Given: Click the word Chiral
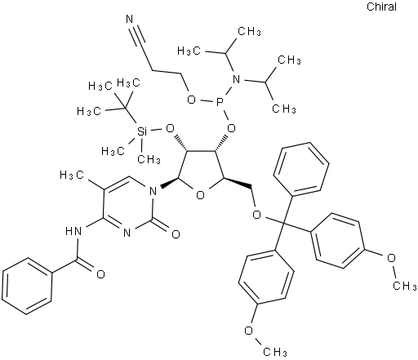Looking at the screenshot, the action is click(381, 7).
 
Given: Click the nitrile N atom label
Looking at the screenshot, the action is click(130, 20).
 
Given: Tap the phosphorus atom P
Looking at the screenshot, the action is click(220, 103).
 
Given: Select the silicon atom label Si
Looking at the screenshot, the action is click(142, 131).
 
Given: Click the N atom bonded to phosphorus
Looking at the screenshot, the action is click(236, 79).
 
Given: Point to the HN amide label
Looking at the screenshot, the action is click(73, 231).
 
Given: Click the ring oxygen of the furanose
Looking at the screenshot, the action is click(200, 195).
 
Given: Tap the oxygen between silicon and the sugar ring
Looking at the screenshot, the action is click(170, 128).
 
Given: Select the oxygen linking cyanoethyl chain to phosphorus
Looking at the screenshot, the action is click(192, 100).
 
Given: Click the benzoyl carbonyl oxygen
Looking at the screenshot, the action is click(100, 274).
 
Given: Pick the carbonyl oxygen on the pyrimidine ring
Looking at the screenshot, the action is click(176, 234).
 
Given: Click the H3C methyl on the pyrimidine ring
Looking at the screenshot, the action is click(72, 175).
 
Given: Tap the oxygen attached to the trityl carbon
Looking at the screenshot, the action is click(256, 215).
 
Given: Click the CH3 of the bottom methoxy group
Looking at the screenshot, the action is click(275, 352).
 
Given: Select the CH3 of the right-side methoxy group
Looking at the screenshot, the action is click(404, 286).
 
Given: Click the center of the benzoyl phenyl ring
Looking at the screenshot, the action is click(27, 287).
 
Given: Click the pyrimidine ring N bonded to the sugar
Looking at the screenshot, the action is click(153, 191).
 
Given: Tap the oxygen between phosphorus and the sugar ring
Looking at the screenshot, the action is click(231, 128).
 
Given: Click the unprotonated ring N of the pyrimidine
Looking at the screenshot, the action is click(127, 233).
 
